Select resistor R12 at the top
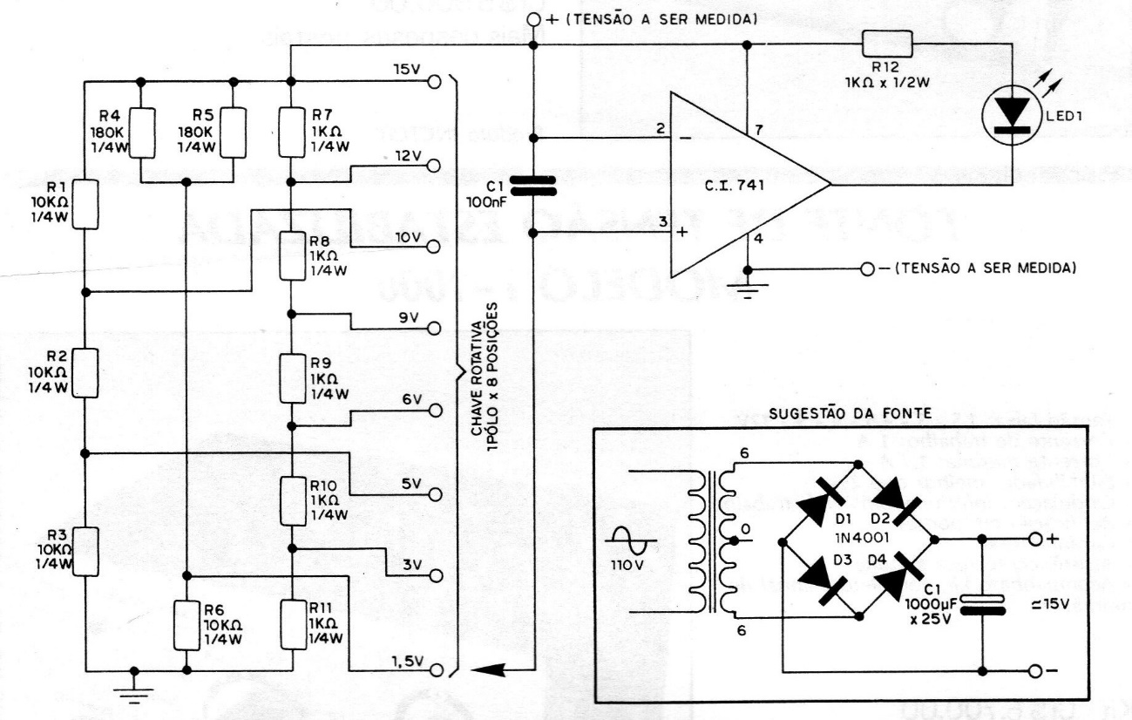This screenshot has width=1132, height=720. pyautogui.click(x=887, y=43)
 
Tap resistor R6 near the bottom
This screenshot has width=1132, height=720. pyautogui.click(x=186, y=624)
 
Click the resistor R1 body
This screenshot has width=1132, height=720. pyautogui.click(x=85, y=204)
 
